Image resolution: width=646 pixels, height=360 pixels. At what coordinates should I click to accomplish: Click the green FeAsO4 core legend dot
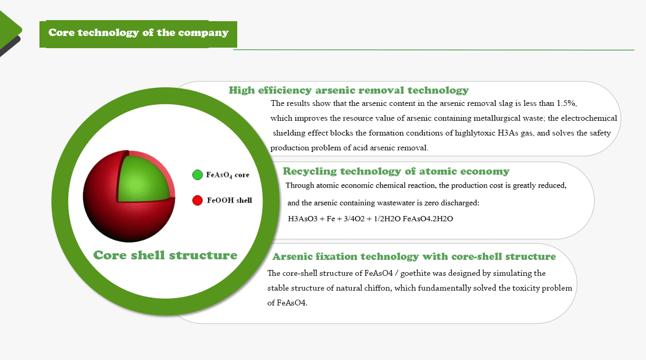[x=198, y=175]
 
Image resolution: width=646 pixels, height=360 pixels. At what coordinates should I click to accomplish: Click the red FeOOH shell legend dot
[x=198, y=200]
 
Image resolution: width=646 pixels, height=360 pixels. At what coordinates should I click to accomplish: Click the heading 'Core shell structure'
[x=165, y=255]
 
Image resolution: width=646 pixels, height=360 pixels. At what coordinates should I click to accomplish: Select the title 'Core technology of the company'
[x=138, y=33]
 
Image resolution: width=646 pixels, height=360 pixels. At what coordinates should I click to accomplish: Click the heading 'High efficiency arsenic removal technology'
[x=348, y=91]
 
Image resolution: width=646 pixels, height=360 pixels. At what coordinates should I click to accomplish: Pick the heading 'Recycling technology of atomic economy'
[x=396, y=172]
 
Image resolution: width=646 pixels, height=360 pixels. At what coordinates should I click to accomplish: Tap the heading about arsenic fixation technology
[x=414, y=257]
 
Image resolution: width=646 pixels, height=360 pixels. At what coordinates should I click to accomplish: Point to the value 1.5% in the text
[x=567, y=103]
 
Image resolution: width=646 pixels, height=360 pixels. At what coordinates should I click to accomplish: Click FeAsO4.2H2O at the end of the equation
[x=428, y=219]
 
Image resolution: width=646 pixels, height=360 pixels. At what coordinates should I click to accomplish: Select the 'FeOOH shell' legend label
[x=229, y=200]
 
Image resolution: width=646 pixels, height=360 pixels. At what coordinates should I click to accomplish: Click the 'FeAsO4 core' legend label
[x=228, y=175]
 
